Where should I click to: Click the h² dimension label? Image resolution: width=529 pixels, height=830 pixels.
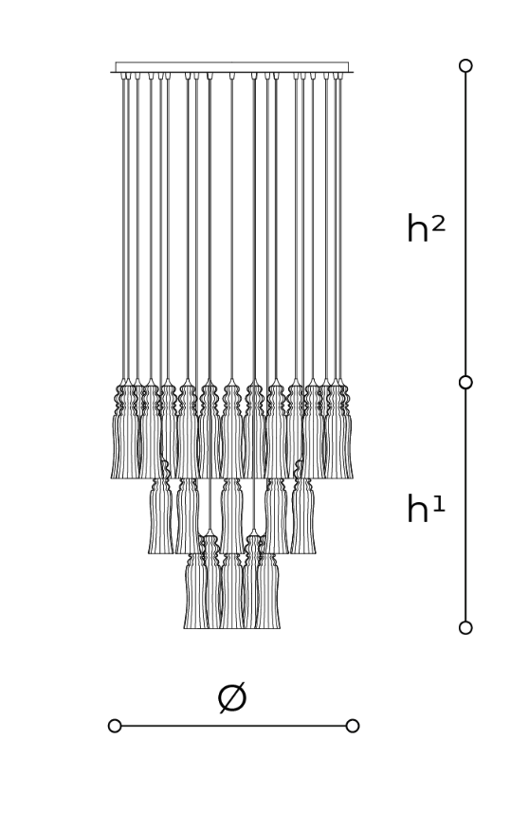click(x=426, y=228)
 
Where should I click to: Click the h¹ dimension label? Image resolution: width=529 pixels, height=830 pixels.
click(x=426, y=509)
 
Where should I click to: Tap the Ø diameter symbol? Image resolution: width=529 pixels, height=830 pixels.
click(x=232, y=697)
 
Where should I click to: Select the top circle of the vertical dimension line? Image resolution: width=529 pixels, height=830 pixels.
click(x=465, y=65)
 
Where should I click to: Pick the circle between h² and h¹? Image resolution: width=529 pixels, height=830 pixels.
click(x=465, y=382)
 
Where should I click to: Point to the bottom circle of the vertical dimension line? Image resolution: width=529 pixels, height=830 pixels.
click(x=465, y=627)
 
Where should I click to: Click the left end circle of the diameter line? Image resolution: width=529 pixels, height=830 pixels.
click(x=115, y=726)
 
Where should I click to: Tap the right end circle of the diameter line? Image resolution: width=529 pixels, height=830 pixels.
click(x=352, y=726)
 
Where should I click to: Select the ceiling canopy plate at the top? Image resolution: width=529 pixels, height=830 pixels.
click(x=232, y=67)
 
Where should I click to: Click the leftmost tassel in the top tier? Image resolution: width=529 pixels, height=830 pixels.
click(x=123, y=431)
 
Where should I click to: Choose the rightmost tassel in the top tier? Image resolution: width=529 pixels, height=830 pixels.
click(x=340, y=431)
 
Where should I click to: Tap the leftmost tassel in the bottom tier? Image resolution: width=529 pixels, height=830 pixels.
click(x=195, y=590)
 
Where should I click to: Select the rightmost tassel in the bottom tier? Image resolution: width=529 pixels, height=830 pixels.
click(x=267, y=590)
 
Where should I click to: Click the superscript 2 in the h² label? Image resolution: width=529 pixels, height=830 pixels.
click(x=438, y=225)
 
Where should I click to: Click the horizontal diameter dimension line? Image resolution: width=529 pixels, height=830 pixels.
click(x=233, y=726)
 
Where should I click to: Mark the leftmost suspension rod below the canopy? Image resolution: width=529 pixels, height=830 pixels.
click(x=123, y=227)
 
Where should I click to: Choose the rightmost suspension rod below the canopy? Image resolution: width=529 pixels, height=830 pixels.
click(x=340, y=227)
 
